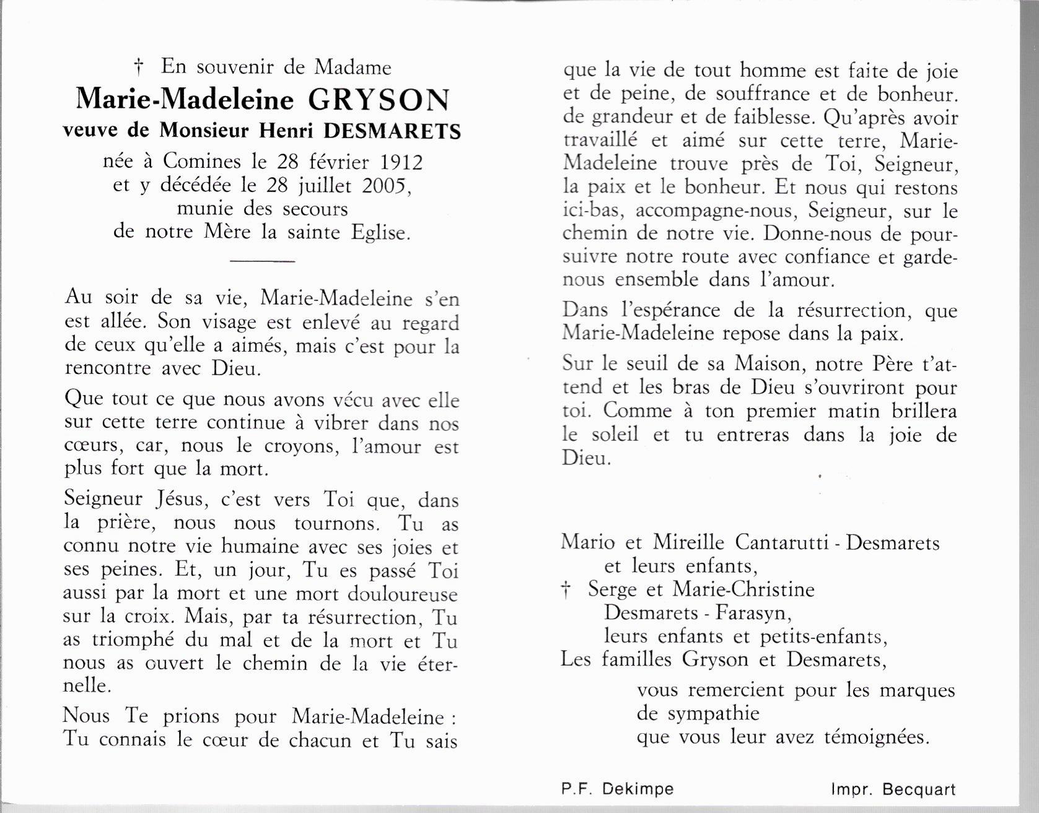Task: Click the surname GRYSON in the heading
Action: [x=379, y=99]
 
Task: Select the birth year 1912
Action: [x=401, y=162]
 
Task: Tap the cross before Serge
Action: [x=565, y=591]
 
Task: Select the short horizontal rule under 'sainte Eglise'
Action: [x=261, y=261]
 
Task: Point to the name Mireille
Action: [x=688, y=543]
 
